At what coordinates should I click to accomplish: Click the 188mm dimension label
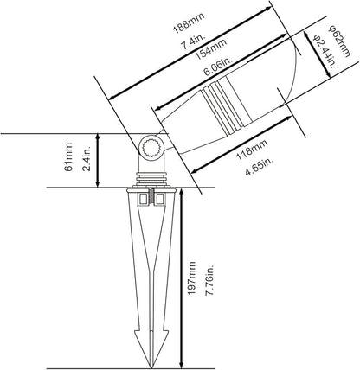[x=189, y=22]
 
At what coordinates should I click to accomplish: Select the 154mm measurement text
[x=210, y=49]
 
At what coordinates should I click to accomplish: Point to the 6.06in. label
[x=218, y=66]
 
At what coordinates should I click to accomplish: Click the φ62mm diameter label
[x=340, y=41]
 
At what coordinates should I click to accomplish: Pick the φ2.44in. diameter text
[x=325, y=51]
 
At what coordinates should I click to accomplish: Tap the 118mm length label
[x=252, y=150]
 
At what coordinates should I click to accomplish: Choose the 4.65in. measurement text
[x=259, y=166]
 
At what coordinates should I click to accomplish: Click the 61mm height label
[x=68, y=157]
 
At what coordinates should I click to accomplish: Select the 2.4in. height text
[x=87, y=158]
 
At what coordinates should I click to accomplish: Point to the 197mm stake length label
[x=191, y=277]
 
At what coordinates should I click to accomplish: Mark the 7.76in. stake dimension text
[x=209, y=279]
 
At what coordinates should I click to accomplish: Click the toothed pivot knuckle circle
[x=151, y=148]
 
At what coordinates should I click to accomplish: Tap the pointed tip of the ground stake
[x=151, y=367]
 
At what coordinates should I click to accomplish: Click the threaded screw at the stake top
[x=151, y=198]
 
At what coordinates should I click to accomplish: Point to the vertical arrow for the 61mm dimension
[x=98, y=161]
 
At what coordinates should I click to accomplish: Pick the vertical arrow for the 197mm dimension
[x=181, y=278]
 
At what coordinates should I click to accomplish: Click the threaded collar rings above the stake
[x=151, y=179]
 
